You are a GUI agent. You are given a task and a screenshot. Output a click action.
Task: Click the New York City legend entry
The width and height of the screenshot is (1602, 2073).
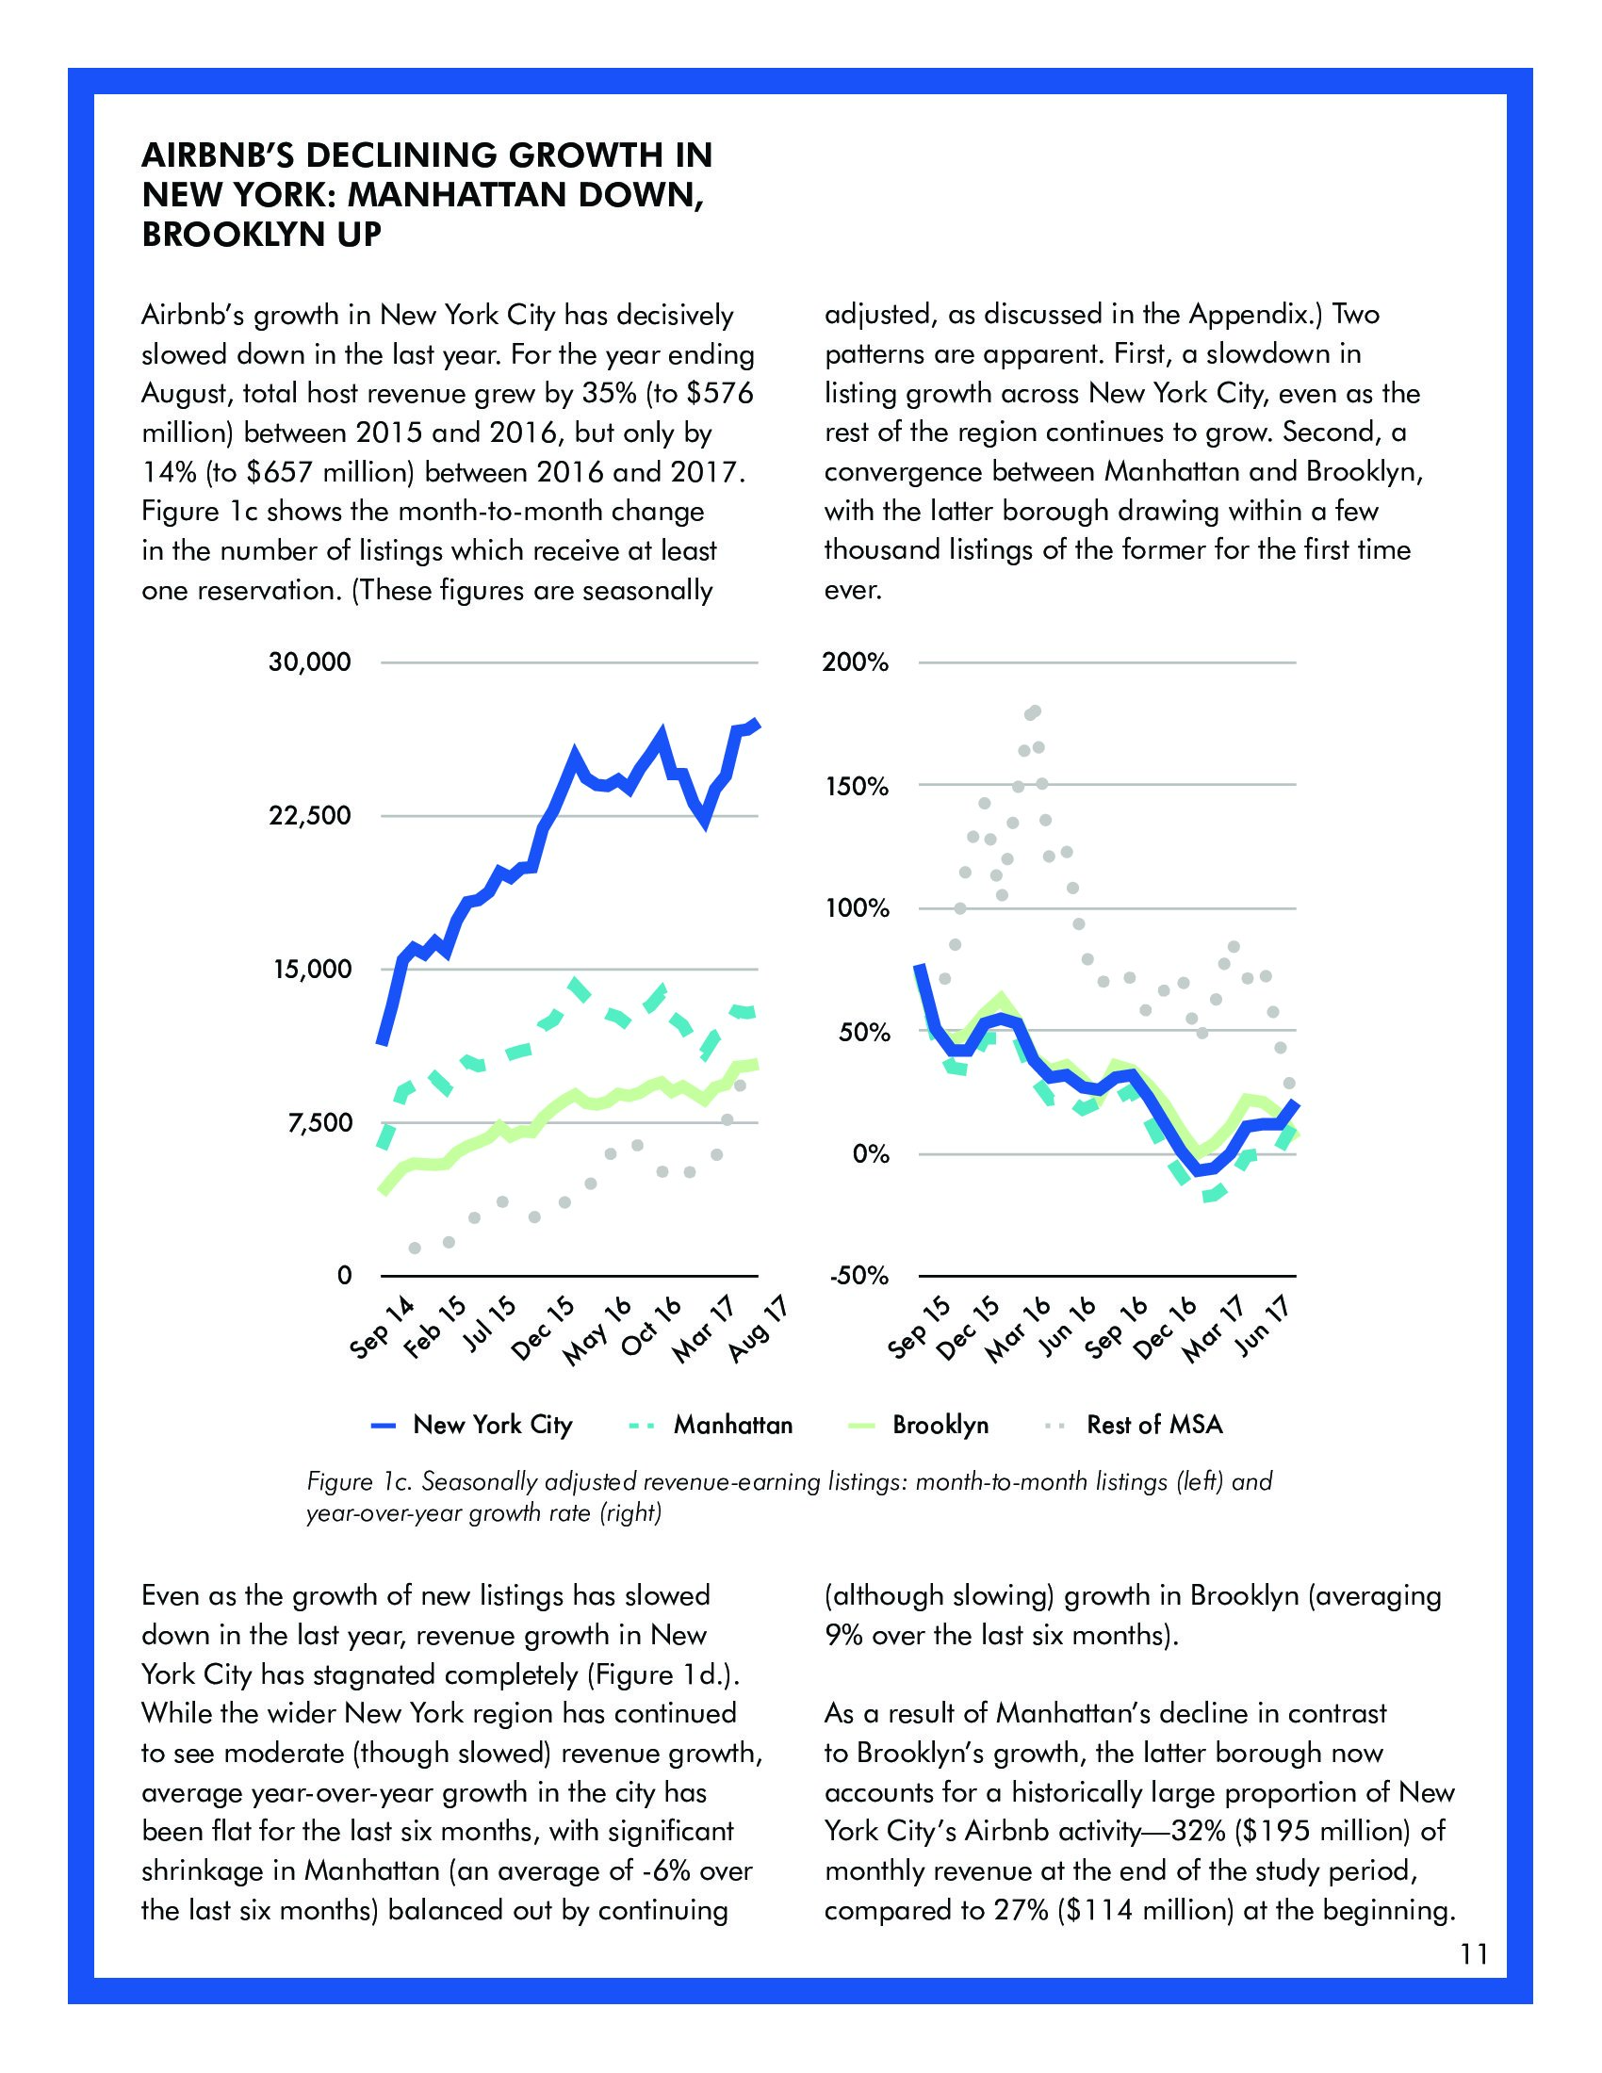coord(493,1425)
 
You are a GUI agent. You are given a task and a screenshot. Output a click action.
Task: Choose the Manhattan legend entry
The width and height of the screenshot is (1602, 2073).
coord(731,1425)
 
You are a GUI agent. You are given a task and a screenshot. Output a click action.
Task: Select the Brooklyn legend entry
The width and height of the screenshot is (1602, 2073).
coord(940,1425)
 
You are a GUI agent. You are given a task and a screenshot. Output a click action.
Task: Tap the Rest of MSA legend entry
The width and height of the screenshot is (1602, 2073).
coord(1154,1425)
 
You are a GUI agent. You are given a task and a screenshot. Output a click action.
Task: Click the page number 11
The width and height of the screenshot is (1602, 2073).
coord(1474,1954)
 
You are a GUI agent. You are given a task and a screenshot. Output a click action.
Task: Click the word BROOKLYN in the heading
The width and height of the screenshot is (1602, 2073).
coord(237,234)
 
